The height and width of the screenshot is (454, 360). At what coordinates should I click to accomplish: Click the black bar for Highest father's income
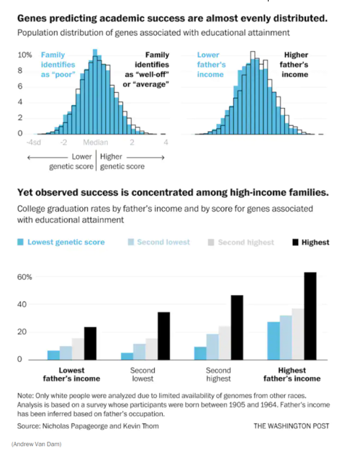click(x=310, y=316)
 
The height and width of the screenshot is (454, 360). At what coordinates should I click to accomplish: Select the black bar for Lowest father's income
click(x=90, y=343)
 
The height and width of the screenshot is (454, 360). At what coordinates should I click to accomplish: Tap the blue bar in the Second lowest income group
click(x=127, y=356)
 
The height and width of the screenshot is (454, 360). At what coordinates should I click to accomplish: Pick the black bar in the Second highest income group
click(x=237, y=327)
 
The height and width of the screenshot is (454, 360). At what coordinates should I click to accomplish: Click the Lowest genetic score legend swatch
click(x=20, y=242)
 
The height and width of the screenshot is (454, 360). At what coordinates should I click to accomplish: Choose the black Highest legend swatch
click(x=295, y=242)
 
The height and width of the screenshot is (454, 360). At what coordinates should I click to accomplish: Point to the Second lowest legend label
click(x=163, y=242)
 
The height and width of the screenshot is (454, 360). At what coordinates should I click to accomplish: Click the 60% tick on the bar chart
click(x=24, y=277)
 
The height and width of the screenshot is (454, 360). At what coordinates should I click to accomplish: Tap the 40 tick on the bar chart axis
click(x=22, y=304)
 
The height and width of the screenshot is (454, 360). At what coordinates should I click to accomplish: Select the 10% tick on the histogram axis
click(x=24, y=55)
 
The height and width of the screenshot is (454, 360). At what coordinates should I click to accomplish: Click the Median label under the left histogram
click(x=95, y=142)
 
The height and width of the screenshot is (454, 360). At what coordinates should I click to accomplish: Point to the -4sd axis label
click(x=34, y=142)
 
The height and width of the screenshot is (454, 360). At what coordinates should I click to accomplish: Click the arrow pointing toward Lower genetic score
click(x=48, y=158)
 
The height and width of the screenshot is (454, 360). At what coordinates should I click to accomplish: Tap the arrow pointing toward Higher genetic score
click(x=145, y=158)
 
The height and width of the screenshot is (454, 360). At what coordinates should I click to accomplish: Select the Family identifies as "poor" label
click(x=58, y=65)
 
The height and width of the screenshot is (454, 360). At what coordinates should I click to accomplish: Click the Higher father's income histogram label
click(x=294, y=65)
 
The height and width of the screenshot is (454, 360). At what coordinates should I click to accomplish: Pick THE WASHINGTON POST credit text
click(x=292, y=426)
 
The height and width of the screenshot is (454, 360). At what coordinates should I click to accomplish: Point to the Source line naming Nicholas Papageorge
click(x=88, y=426)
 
